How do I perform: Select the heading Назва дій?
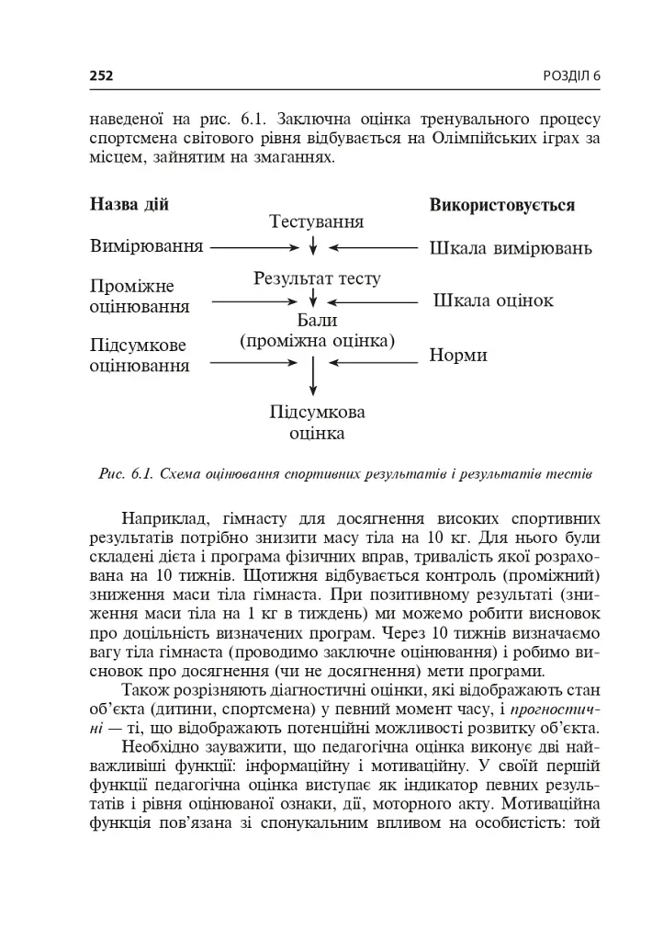(x=129, y=204)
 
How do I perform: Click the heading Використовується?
(x=501, y=205)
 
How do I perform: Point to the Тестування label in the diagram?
(x=316, y=222)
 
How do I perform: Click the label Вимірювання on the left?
(x=146, y=247)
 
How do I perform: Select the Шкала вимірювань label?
(x=511, y=248)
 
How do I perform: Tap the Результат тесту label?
(x=317, y=278)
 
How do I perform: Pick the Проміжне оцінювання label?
(x=140, y=296)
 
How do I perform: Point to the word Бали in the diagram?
(x=317, y=321)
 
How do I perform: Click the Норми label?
(x=458, y=355)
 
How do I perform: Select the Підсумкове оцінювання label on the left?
(x=140, y=356)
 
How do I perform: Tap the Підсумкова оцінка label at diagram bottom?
(x=317, y=421)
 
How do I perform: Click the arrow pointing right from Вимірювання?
(x=253, y=247)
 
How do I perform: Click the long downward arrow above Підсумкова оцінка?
(x=314, y=374)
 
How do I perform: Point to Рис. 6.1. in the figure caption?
(x=125, y=474)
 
